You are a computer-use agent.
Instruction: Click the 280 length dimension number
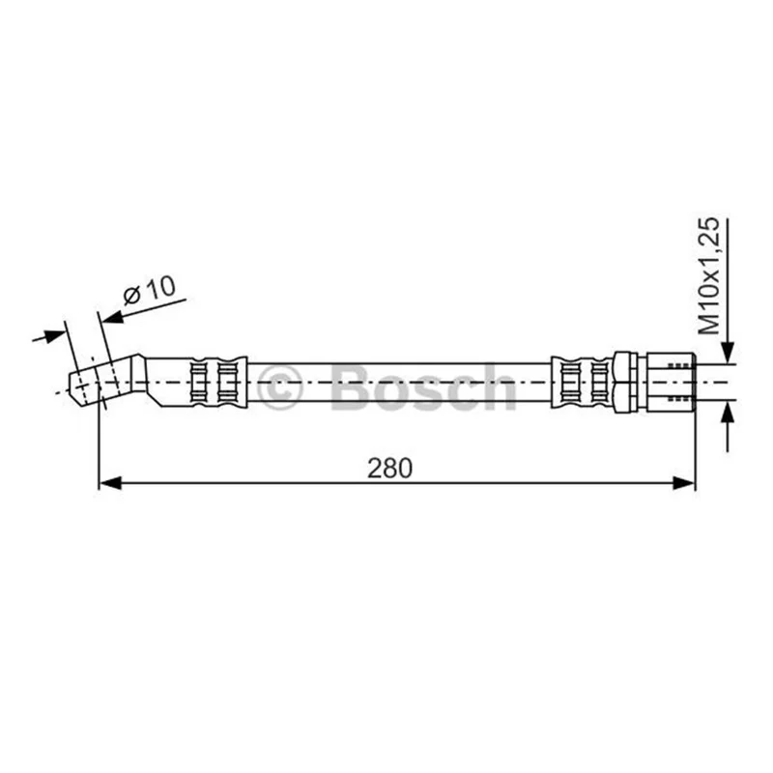[389, 468]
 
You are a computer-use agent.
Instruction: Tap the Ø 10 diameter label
[149, 291]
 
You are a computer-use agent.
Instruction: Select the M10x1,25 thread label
[710, 276]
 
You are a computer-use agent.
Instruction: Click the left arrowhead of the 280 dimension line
[110, 483]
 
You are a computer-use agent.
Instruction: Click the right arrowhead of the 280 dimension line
[684, 483]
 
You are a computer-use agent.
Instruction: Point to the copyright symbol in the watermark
[279, 387]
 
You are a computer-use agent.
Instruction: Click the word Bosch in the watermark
[424, 387]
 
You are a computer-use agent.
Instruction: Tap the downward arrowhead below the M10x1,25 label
[728, 353]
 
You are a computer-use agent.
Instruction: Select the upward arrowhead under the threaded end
[728, 412]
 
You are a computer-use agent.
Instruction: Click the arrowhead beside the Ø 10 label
[112, 317]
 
